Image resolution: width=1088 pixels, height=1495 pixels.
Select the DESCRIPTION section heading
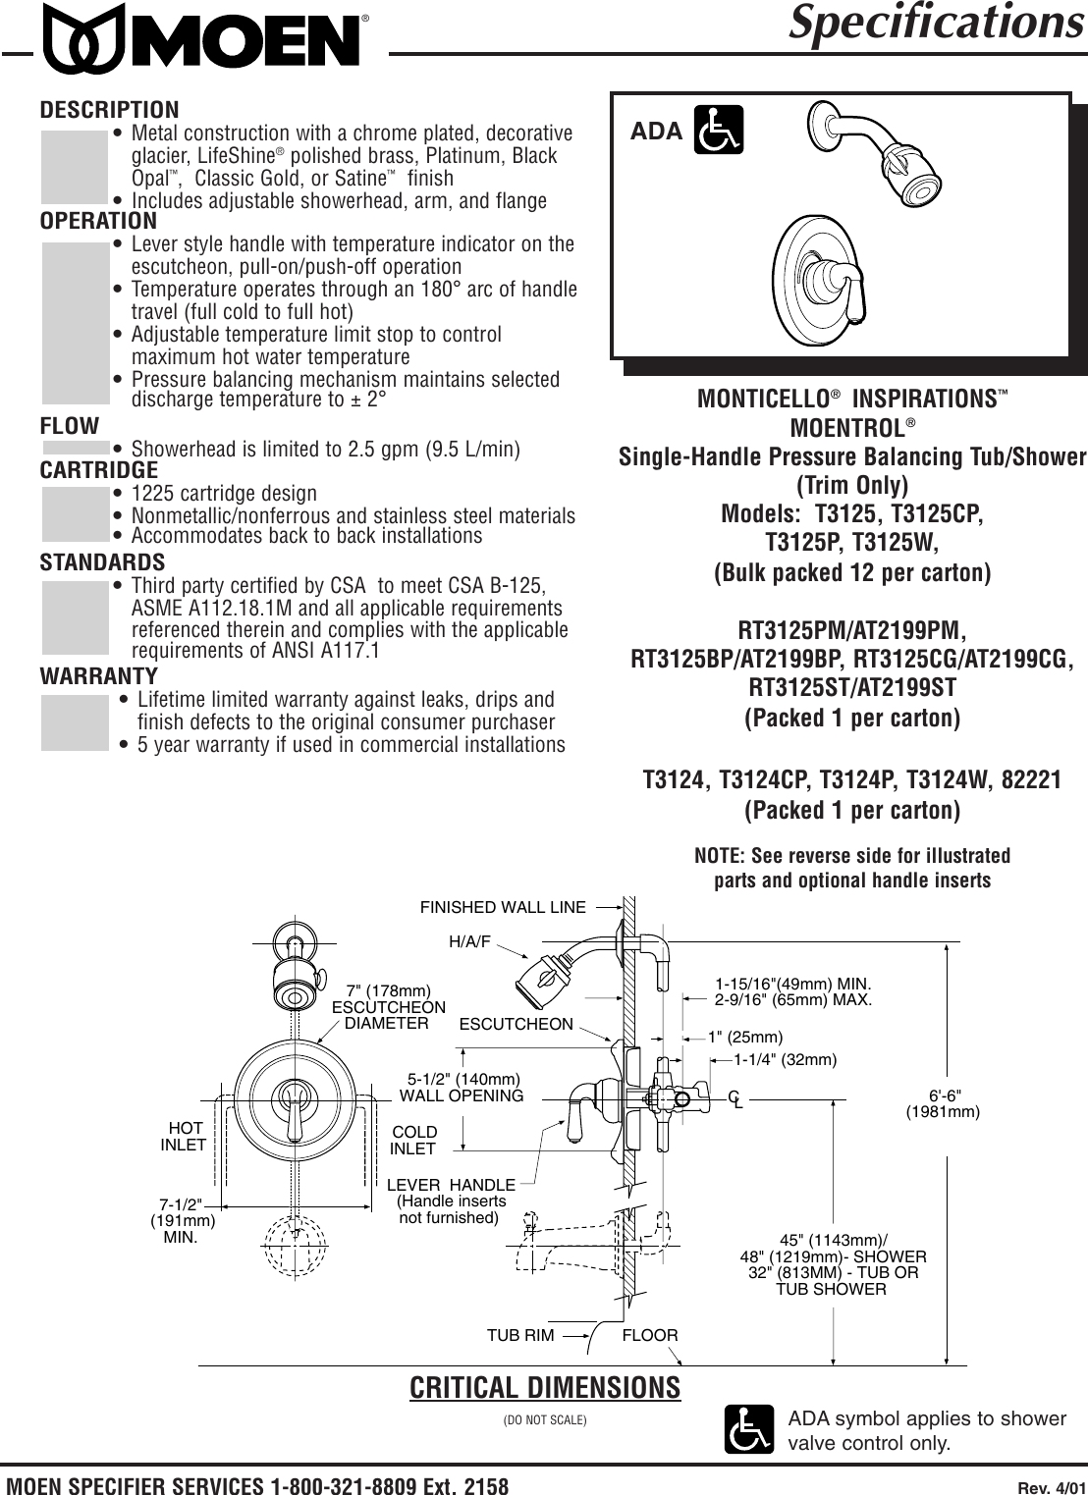[109, 109]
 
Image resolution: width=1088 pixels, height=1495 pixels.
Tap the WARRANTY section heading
[98, 676]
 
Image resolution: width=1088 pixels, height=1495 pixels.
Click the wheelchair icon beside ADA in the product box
[718, 131]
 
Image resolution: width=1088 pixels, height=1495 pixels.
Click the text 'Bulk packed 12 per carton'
[851, 572]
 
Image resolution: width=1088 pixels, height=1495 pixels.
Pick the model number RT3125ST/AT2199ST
[851, 683]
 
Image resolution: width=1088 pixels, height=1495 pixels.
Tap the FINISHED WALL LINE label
[503, 907]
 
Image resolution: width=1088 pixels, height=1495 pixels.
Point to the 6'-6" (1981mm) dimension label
[943, 1103]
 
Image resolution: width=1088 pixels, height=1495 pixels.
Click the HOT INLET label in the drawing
[184, 1137]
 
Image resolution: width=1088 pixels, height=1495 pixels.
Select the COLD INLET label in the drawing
[413, 1141]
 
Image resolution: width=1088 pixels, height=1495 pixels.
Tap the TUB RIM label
[520, 1335]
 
